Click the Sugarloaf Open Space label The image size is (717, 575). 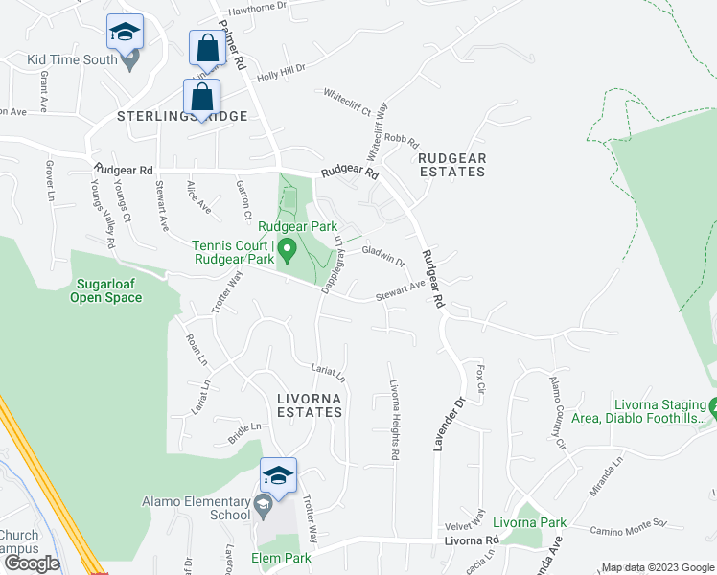(105, 290)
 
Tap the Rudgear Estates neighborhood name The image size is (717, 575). (452, 165)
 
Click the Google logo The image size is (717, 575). (32, 563)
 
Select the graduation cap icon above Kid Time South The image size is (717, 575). (125, 32)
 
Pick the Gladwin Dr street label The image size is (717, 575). (384, 255)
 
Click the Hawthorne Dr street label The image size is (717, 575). (257, 7)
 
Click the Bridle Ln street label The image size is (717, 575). (243, 427)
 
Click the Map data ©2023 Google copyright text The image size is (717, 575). (656, 567)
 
